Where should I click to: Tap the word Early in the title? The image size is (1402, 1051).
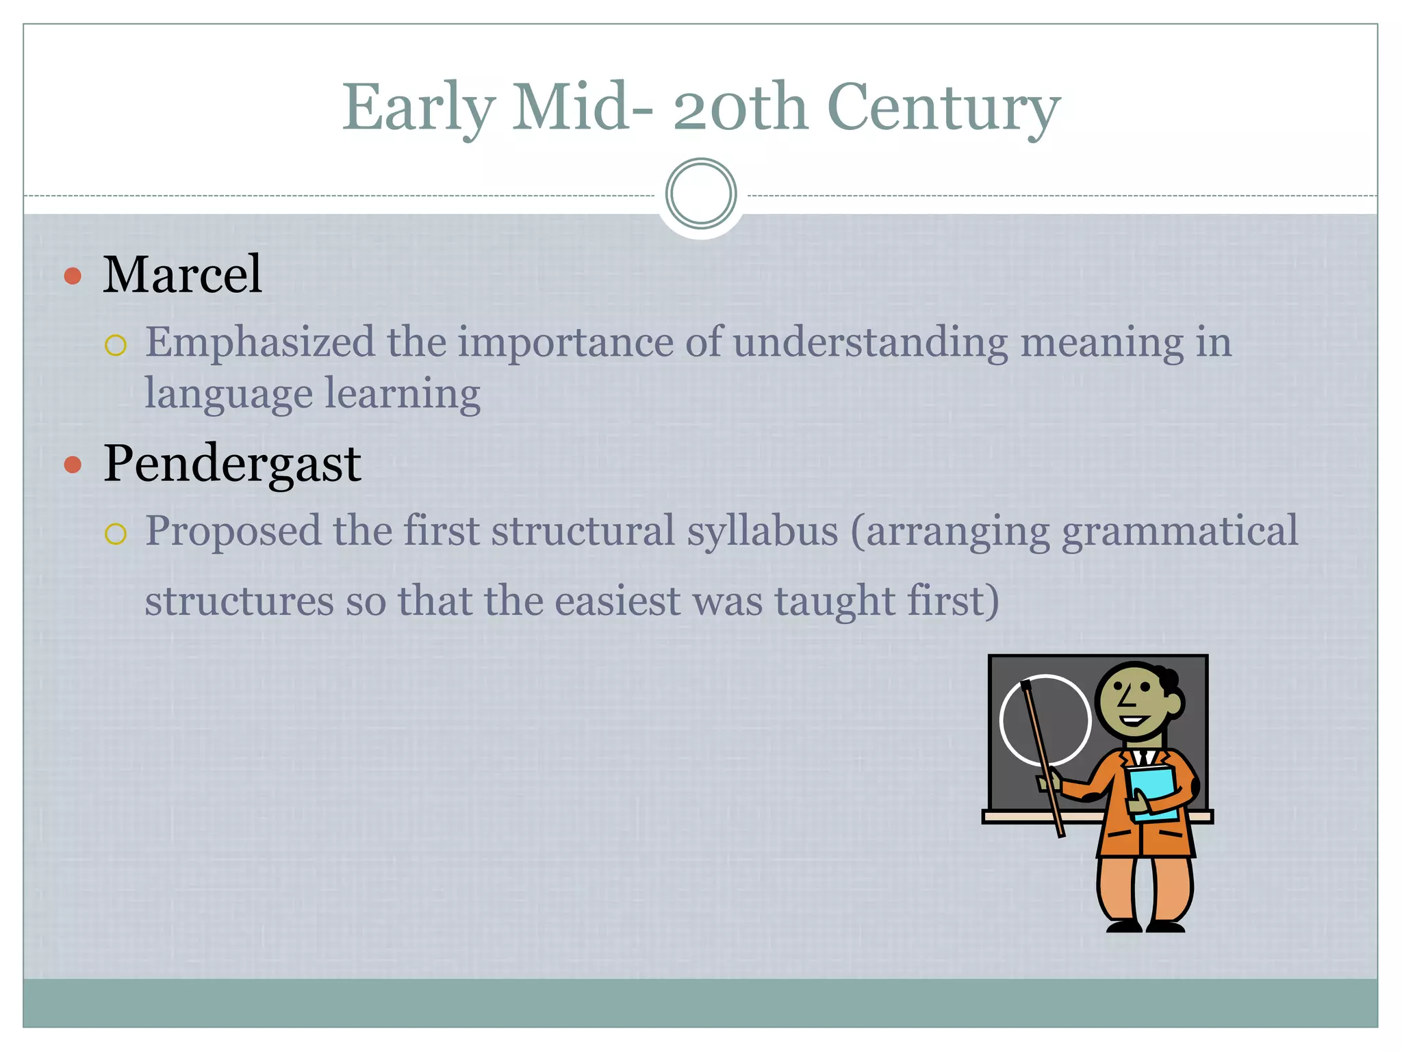coord(418,108)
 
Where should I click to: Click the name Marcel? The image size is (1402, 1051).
coord(182,274)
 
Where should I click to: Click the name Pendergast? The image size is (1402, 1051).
coord(232,463)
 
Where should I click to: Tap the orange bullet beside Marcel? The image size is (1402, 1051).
coord(73,276)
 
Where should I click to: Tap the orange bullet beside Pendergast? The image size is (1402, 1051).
coord(73,465)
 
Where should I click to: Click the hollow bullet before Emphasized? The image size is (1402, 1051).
coord(116,345)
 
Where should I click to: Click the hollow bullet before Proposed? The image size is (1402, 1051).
coord(116,534)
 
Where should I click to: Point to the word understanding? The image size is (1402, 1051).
coord(870,342)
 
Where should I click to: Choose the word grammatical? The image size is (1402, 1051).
coord(1180,531)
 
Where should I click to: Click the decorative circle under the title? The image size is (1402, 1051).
coord(701,194)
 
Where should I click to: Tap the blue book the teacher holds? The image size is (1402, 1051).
coord(1153,791)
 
